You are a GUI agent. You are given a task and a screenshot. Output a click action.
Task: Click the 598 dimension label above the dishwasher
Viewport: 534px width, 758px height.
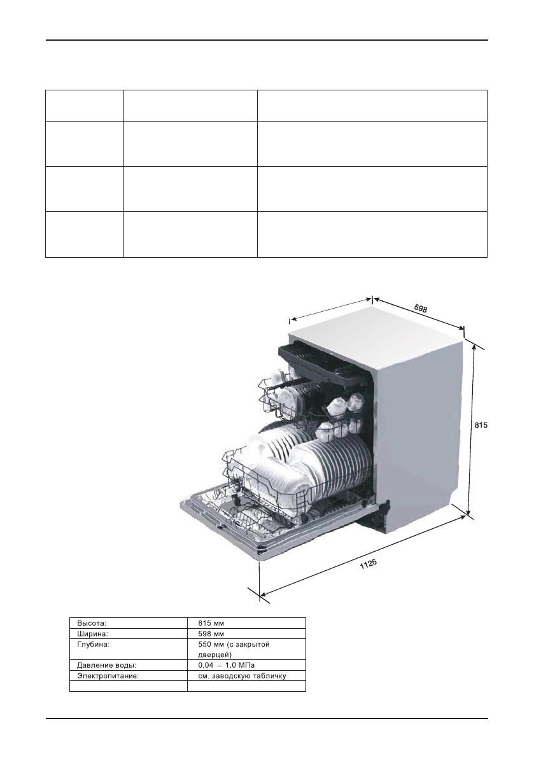click(421, 308)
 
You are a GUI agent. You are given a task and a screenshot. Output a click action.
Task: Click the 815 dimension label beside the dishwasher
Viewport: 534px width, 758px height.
click(481, 425)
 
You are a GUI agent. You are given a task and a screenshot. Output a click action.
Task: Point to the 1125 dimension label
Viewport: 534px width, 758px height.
click(369, 564)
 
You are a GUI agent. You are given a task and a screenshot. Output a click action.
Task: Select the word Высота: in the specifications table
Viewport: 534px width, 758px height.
click(92, 623)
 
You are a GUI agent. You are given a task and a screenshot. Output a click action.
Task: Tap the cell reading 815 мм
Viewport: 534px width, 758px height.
click(211, 623)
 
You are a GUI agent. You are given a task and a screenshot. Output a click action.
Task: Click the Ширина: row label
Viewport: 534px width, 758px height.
click(92, 633)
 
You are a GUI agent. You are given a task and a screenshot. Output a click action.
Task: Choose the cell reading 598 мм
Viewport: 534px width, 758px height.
click(211, 633)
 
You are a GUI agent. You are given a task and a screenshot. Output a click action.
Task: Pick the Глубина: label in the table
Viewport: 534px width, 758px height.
click(94, 645)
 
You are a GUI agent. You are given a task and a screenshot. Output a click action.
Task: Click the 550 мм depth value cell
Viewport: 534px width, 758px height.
click(234, 649)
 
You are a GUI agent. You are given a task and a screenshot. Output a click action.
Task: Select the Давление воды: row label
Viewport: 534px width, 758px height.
click(106, 665)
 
